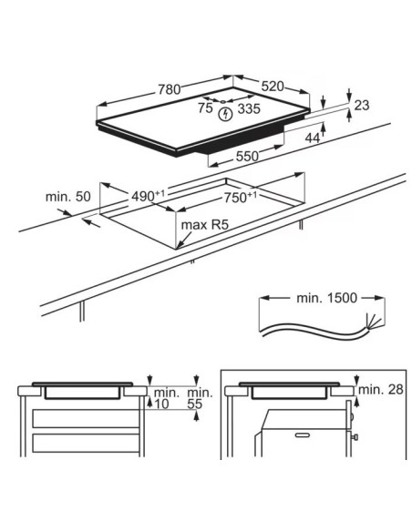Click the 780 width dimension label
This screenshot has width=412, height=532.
click(x=169, y=89)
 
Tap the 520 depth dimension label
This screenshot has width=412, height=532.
click(x=273, y=87)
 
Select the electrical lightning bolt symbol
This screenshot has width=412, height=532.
click(x=225, y=115)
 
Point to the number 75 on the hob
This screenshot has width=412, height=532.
click(x=206, y=107)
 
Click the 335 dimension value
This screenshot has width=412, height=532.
click(x=249, y=108)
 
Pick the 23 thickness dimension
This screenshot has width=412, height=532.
click(x=362, y=106)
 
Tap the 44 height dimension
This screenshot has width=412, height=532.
click(x=313, y=138)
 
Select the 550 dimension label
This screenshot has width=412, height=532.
click(x=247, y=156)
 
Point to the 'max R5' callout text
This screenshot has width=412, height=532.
click(x=205, y=225)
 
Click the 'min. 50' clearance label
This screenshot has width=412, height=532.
click(x=68, y=197)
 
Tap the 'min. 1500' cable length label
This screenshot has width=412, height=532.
click(x=327, y=298)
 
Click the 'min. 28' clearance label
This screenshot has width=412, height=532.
click(x=381, y=390)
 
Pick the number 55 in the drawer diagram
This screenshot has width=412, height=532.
click(x=195, y=404)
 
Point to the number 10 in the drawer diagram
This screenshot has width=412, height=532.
click(x=161, y=404)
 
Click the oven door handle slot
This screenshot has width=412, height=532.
click(x=302, y=435)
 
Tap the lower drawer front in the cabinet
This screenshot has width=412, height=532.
click(x=86, y=443)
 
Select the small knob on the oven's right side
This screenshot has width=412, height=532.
click(x=355, y=437)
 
